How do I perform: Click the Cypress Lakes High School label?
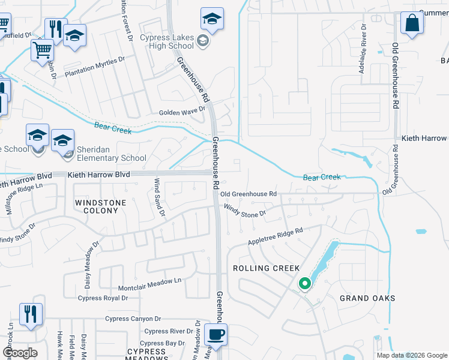tap(167, 42)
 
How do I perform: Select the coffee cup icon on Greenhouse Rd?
tap(215, 335)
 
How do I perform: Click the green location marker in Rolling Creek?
tap(305, 283)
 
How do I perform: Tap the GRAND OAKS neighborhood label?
tap(367, 298)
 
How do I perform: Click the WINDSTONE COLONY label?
tap(100, 207)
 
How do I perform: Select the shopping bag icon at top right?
tap(412, 24)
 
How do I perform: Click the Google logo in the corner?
tap(20, 353)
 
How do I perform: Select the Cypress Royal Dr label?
tap(103, 298)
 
